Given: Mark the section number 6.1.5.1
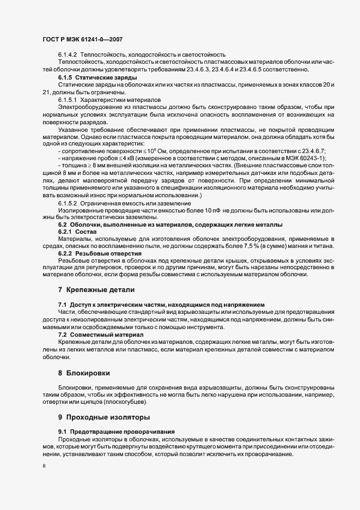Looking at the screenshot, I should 68,100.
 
